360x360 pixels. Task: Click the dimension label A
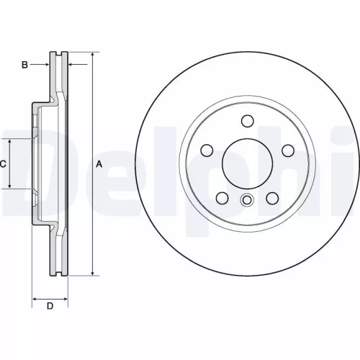tap(99, 164)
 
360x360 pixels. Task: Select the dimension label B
tap(24, 65)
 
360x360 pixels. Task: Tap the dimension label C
tap(3, 164)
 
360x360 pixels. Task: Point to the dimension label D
tap(50, 307)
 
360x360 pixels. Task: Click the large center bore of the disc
tap(247, 161)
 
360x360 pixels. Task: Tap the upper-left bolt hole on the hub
tap(207, 150)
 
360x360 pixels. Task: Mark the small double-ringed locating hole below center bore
tap(247, 201)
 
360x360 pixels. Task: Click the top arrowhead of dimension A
tap(93, 55)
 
